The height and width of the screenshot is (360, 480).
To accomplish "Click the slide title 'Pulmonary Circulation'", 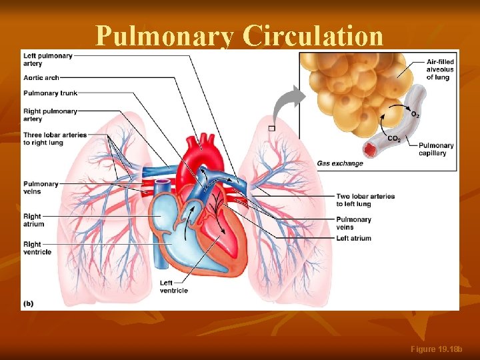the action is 239,36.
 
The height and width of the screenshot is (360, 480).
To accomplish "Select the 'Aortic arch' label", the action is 41,78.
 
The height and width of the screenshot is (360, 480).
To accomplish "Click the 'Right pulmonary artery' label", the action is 50,115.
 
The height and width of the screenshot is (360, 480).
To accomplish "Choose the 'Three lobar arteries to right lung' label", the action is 55,138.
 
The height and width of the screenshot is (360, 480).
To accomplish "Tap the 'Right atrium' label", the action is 33,220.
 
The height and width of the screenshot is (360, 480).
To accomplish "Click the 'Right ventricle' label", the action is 37,248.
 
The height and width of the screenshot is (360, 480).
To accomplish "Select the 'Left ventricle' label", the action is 174,286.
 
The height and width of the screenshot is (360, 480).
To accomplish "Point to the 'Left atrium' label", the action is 354,238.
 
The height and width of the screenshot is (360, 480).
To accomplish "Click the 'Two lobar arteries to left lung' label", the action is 365,200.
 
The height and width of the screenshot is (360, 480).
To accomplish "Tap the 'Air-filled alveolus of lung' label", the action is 440,69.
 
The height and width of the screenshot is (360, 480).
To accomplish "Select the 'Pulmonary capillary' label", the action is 437,149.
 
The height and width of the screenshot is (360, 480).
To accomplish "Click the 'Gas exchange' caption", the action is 340,163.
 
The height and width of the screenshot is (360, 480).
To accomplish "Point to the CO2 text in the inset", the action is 394,139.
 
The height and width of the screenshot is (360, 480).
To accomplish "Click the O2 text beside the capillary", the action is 415,115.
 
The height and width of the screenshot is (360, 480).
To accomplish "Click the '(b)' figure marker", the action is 28,303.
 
